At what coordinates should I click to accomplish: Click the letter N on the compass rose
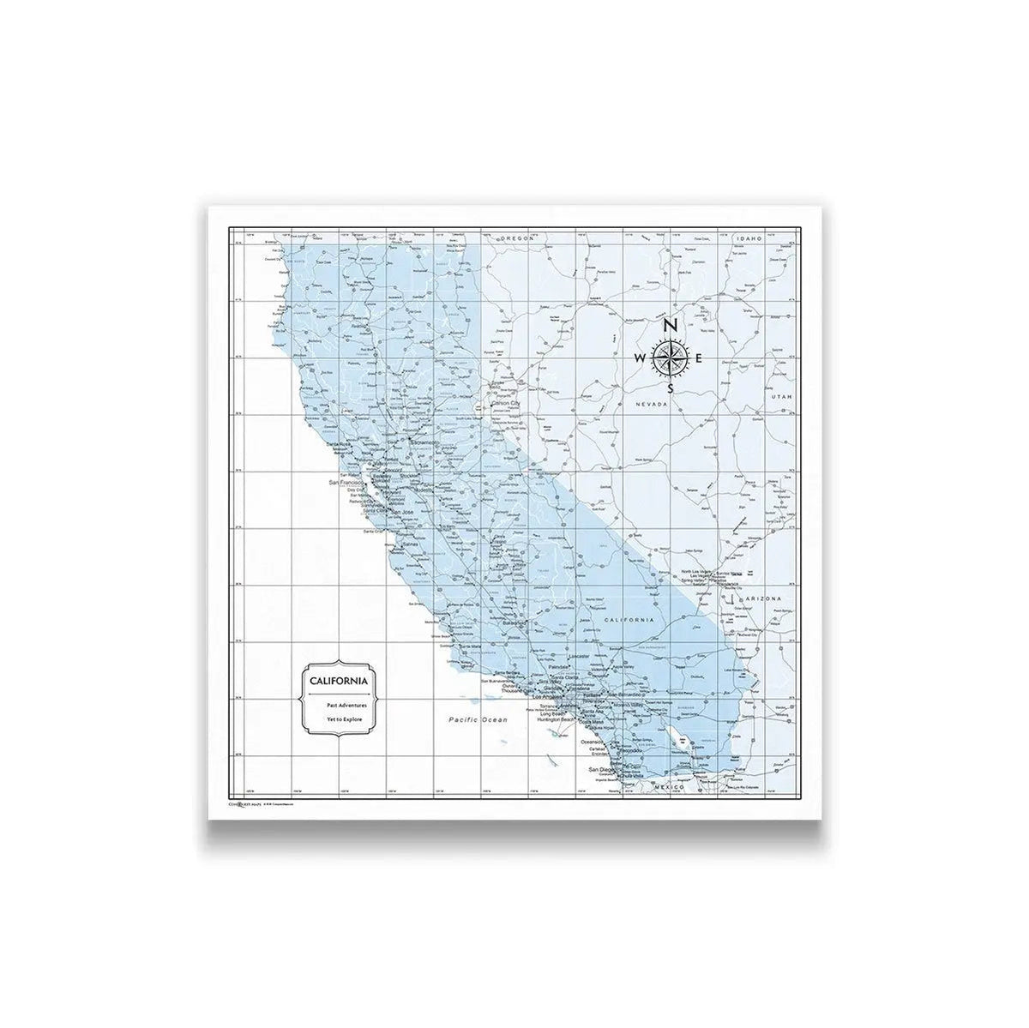click(671, 326)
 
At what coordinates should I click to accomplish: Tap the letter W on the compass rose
click(640, 358)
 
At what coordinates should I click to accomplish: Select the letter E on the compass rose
click(701, 358)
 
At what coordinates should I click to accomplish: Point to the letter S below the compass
click(671, 388)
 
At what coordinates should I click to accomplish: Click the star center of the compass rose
click(671, 358)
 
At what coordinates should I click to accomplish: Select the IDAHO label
click(746, 237)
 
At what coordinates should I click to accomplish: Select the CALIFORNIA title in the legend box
click(335, 680)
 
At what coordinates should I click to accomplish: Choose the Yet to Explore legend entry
click(346, 718)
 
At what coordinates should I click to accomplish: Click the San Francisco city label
click(347, 484)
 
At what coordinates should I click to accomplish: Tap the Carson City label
click(505, 403)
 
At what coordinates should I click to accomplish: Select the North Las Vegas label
click(698, 572)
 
